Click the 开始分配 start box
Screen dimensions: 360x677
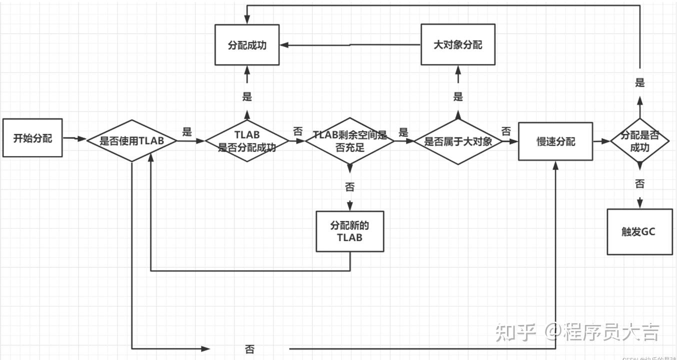pyautogui.click(x=32, y=138)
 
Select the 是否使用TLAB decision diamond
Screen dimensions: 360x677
pyautogui.click(x=132, y=141)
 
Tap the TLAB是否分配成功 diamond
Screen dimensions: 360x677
pyautogui.click(x=247, y=141)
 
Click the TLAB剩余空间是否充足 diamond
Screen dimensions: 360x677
pyautogui.click(x=350, y=141)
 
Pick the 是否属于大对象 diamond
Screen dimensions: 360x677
pyautogui.click(x=458, y=141)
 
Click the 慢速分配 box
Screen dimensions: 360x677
pyautogui.click(x=555, y=141)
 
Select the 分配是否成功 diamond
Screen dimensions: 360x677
pyautogui.click(x=640, y=141)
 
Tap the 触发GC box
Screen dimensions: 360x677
pyautogui.click(x=639, y=232)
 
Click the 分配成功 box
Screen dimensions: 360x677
pyautogui.click(x=247, y=45)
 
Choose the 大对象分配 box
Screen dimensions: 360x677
pyautogui.click(x=458, y=44)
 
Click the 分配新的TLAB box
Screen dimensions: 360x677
pyautogui.click(x=349, y=231)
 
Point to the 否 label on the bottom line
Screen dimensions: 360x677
pyautogui.click(x=250, y=349)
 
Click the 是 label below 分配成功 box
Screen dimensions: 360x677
pyautogui.click(x=247, y=96)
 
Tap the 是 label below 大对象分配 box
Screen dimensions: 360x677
pyautogui.click(x=458, y=96)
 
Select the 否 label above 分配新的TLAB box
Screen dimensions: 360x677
pyautogui.click(x=349, y=187)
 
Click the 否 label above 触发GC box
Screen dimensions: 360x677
pyautogui.click(x=639, y=184)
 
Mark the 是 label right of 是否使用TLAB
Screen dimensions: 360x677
pyautogui.click(x=187, y=132)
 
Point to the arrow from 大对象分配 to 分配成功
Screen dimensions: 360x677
pyautogui.click(x=350, y=45)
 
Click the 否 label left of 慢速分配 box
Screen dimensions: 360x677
pyautogui.click(x=506, y=131)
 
